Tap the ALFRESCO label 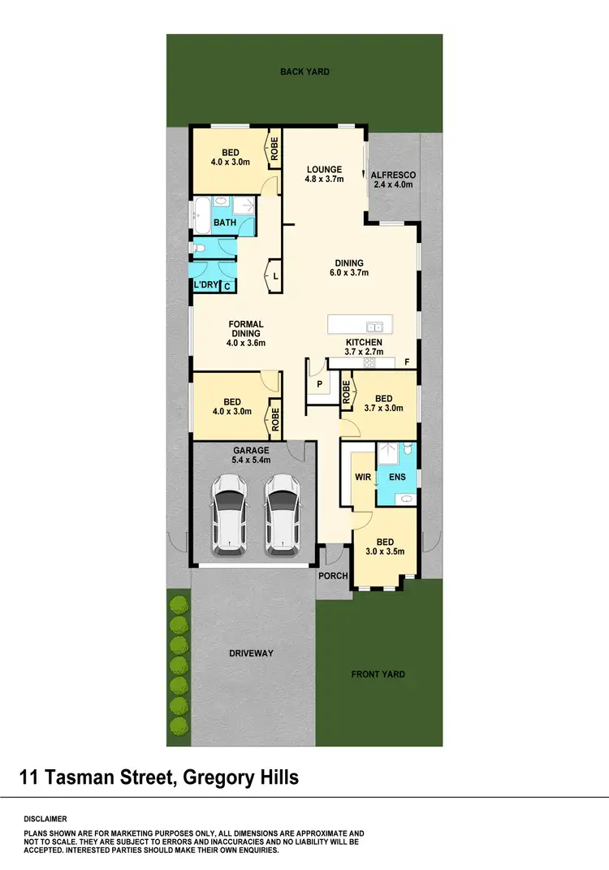[x=393, y=180]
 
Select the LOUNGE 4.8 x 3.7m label [x=323, y=175]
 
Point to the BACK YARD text [x=304, y=72]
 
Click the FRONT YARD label [x=378, y=674]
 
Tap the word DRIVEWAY [x=251, y=653]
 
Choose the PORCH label [x=333, y=576]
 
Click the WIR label [x=362, y=477]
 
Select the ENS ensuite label [x=397, y=477]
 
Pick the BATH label [x=224, y=222]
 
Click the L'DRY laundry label [x=205, y=285]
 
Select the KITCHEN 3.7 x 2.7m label [x=363, y=348]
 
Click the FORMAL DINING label [x=245, y=333]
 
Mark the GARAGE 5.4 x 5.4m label [x=251, y=455]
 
